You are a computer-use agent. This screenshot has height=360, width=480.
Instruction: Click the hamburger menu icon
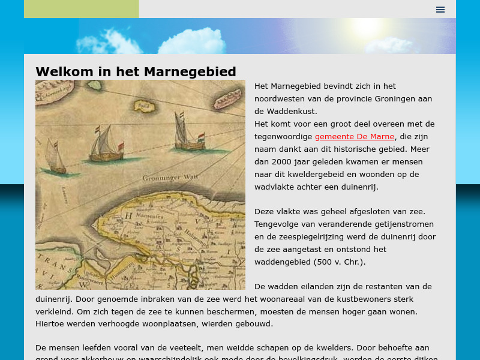click(x=440, y=9)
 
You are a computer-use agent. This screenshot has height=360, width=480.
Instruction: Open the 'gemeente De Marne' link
click(x=354, y=137)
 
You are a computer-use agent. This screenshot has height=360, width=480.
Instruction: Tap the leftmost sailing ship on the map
click(x=54, y=158)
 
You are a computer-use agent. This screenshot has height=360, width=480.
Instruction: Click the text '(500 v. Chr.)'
click(x=339, y=262)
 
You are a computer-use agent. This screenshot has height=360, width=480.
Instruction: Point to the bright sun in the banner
click(x=365, y=26)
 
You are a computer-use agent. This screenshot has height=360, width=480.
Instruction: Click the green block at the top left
click(x=81, y=9)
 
